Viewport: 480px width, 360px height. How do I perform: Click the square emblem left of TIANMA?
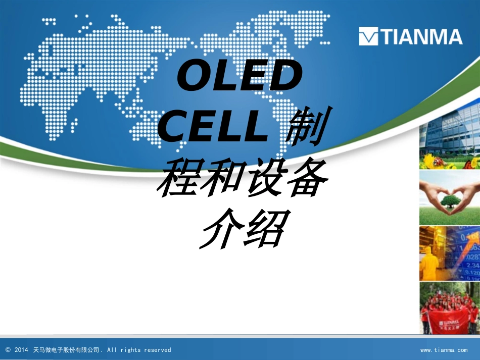(368, 37)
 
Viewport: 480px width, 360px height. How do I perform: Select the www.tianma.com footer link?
(444, 350)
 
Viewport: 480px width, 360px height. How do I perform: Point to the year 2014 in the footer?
(22, 350)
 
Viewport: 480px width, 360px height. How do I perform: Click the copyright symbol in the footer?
(8, 350)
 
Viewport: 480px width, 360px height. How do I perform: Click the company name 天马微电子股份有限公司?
(66, 350)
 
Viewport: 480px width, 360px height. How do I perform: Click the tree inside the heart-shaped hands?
(450, 201)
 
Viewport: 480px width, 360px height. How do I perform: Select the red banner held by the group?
(449, 322)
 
